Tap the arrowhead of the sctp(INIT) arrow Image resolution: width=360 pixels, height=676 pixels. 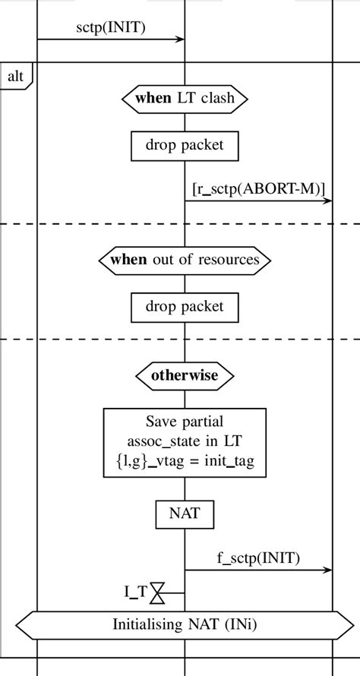pos(182,39)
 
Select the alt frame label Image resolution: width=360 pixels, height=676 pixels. pos(15,76)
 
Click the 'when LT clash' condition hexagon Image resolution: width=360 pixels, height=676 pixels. pos(185,96)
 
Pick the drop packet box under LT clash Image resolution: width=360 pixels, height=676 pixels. pos(185,145)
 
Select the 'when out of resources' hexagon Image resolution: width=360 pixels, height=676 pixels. pos(185,260)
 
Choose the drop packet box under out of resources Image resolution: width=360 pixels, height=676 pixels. pos(185,307)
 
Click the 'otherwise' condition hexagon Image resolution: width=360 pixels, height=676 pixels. pos(185,375)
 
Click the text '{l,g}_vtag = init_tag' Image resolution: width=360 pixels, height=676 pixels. pos(185,460)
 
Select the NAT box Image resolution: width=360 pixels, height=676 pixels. pos(185,513)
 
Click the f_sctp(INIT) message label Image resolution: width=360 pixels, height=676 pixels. pos(259,558)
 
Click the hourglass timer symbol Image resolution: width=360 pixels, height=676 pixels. pos(157,592)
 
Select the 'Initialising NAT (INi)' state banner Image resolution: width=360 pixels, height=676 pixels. pos(185,625)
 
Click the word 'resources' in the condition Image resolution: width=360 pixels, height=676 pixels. pos(229,260)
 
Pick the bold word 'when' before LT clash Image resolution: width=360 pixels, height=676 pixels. pos(153,96)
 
